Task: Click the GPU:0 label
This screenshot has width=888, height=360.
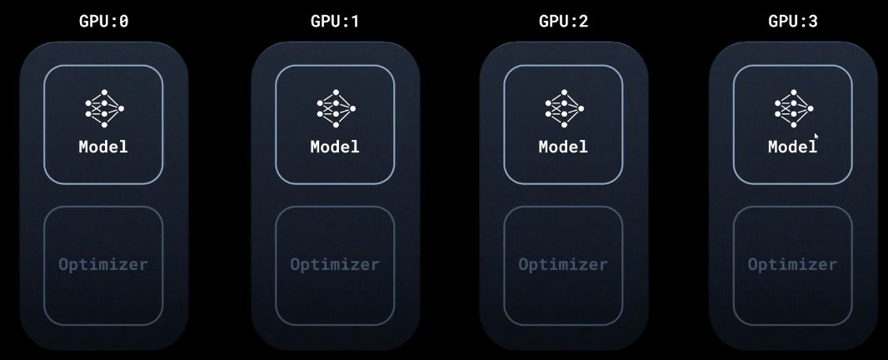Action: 104,22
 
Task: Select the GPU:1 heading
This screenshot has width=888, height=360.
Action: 335,22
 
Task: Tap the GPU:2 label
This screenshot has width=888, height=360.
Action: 563,22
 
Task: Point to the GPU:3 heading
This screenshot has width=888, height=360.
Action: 792,22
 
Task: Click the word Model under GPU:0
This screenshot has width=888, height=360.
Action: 103,147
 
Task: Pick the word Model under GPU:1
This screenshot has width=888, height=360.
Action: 335,147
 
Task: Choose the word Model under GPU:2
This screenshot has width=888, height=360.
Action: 563,147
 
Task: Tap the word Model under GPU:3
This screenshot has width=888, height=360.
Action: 792,147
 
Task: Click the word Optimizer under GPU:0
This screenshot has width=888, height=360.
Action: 103,265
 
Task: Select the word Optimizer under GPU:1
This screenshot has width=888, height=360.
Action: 335,265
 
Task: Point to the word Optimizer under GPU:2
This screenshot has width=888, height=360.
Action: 563,265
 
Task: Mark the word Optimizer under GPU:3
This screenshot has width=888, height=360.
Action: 792,265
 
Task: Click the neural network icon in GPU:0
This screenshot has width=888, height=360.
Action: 104,108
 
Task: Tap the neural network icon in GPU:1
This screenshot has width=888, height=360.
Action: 336,108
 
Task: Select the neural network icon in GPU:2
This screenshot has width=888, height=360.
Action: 564,108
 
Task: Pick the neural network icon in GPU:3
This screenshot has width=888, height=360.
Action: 793,108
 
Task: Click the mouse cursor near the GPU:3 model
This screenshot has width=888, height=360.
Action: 816,136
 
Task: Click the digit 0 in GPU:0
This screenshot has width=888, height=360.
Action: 123,22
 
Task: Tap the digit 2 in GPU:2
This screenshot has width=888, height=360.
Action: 583,22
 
